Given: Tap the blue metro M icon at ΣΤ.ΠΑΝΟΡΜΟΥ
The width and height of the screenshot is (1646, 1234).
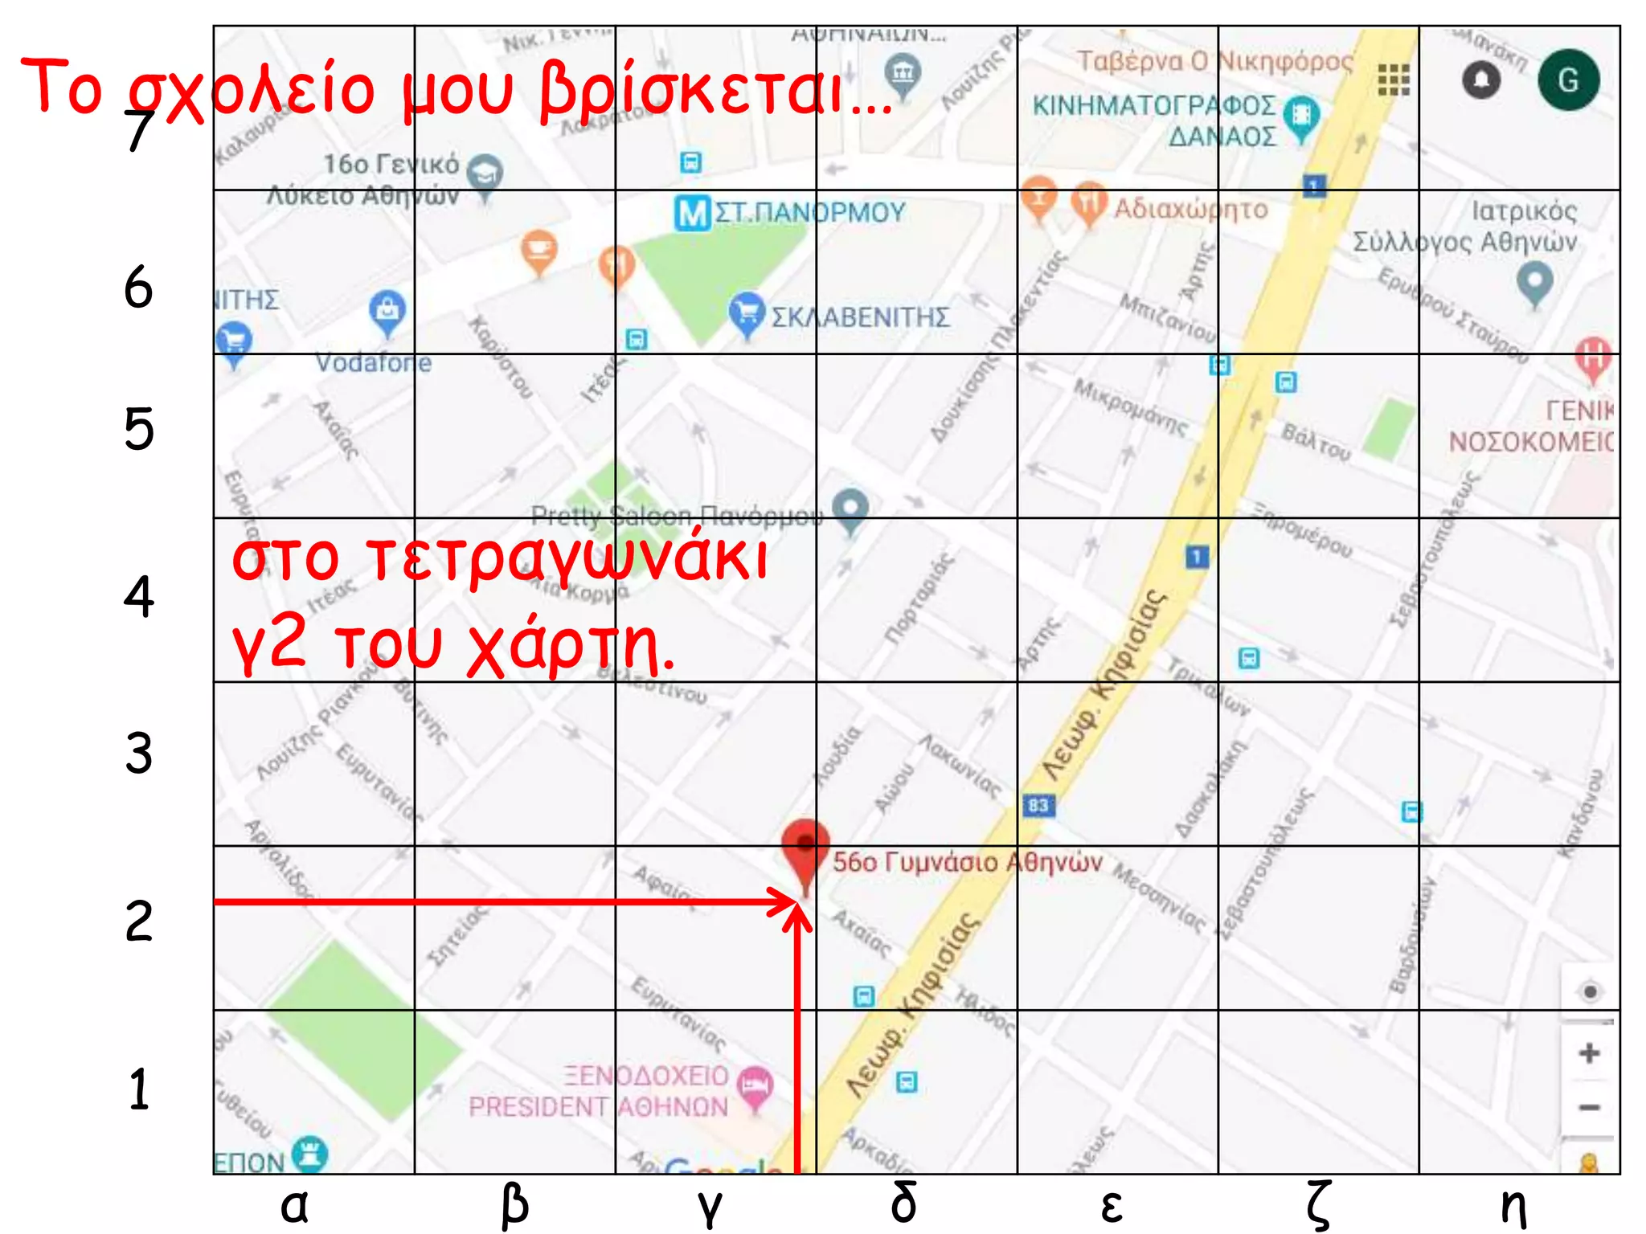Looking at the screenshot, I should click(692, 213).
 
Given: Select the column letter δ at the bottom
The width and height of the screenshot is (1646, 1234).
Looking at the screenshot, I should click(904, 1203).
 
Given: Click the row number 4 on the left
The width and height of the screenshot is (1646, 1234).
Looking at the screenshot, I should click(139, 597).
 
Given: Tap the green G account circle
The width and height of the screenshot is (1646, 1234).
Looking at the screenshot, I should click(1568, 80).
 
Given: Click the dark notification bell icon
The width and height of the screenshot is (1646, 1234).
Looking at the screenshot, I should click(1482, 80).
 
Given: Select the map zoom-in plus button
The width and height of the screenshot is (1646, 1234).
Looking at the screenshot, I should click(1588, 1053).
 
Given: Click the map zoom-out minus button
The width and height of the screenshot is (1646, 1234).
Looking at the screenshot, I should click(1588, 1108).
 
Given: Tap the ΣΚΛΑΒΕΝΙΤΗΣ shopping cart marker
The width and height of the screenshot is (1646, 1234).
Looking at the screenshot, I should click(747, 313).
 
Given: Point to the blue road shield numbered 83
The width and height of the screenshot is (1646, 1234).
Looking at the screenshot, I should click(1038, 805).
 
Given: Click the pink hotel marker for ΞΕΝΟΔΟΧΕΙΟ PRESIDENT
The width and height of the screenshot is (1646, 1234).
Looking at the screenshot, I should click(755, 1085).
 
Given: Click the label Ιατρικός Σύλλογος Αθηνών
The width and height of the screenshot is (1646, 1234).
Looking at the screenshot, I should click(1464, 226).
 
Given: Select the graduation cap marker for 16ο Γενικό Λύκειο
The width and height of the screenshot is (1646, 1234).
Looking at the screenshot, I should click(485, 173).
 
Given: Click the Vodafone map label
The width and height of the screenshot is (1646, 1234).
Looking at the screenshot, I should click(373, 363).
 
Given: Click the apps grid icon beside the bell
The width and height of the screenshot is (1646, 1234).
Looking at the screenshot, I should click(1394, 80).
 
